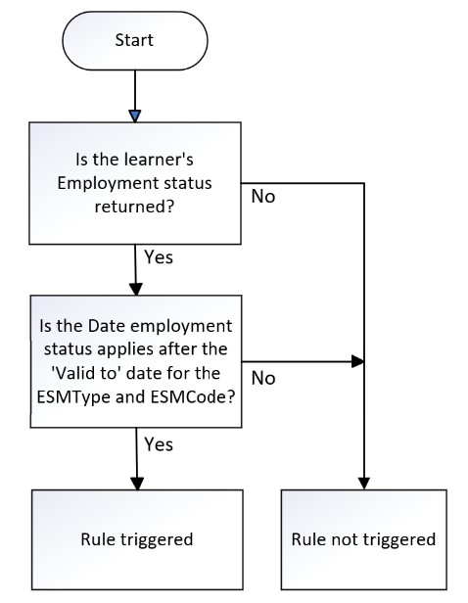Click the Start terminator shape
pyautogui.click(x=135, y=40)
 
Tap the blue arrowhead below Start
pyautogui.click(x=135, y=116)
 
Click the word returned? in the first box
pyautogui.click(x=134, y=207)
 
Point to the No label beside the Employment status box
pyautogui.click(x=263, y=197)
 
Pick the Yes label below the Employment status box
pyautogui.click(x=159, y=256)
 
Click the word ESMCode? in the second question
pyautogui.click(x=193, y=396)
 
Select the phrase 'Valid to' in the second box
pyautogui.click(x=83, y=373)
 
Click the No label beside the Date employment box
pyautogui.click(x=263, y=379)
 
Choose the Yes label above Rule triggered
pyautogui.click(x=159, y=444)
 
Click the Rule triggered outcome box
pyautogui.click(x=137, y=539)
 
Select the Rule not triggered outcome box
pyautogui.click(x=364, y=539)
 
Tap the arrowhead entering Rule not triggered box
pyautogui.click(x=364, y=484)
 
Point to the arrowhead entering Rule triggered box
pyautogui.click(x=137, y=484)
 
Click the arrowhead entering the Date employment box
pyautogui.click(x=136, y=290)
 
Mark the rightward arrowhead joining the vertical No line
pyautogui.click(x=358, y=362)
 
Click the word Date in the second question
pyautogui.click(x=102, y=326)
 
